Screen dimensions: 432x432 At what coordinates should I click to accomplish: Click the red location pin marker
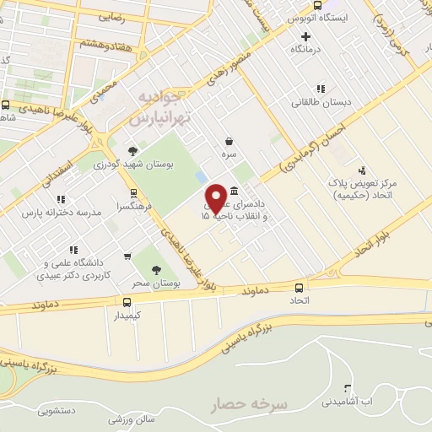click(x=216, y=197)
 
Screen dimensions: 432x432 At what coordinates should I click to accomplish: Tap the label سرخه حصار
click(x=252, y=404)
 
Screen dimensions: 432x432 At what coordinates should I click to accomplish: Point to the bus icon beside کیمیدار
click(x=127, y=302)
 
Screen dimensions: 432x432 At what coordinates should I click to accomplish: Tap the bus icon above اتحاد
click(x=300, y=286)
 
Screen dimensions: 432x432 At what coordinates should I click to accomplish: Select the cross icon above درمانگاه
click(x=305, y=36)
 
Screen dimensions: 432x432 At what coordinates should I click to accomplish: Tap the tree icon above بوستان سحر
click(x=155, y=270)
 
